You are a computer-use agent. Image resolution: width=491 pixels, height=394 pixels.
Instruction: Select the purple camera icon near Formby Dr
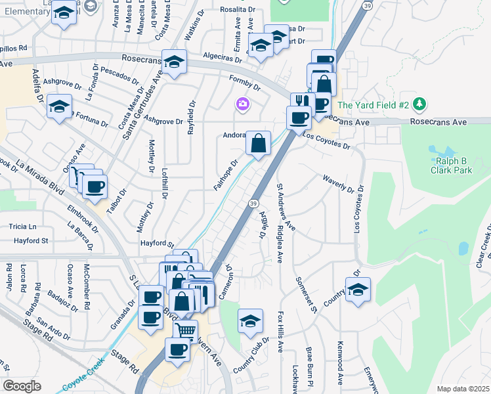pos(243,104)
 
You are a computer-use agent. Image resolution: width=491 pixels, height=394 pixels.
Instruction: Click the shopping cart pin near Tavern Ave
pos(186,330)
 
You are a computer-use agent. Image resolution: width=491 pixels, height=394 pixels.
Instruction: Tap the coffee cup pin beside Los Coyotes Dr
pos(299,118)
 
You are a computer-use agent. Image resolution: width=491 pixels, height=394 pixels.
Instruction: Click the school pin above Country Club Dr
pos(250,320)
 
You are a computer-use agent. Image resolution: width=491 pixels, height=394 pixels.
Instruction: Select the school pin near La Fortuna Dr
pos(59,106)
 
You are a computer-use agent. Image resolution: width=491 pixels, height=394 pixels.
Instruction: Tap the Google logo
pos(22,385)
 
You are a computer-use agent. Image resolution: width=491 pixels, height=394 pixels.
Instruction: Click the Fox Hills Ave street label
pos(280,332)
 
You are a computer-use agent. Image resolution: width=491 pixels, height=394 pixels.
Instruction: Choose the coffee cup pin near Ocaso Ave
pos(95,186)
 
